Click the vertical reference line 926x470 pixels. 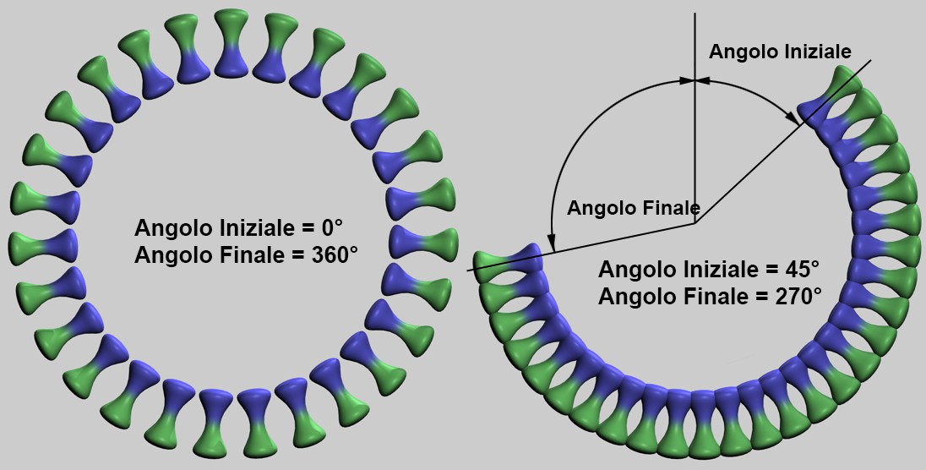pos(694,118)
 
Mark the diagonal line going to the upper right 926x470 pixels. pos(782,142)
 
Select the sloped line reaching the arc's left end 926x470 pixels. pos(581,247)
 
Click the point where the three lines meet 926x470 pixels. pos(694,223)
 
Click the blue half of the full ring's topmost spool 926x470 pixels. pos(231,62)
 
